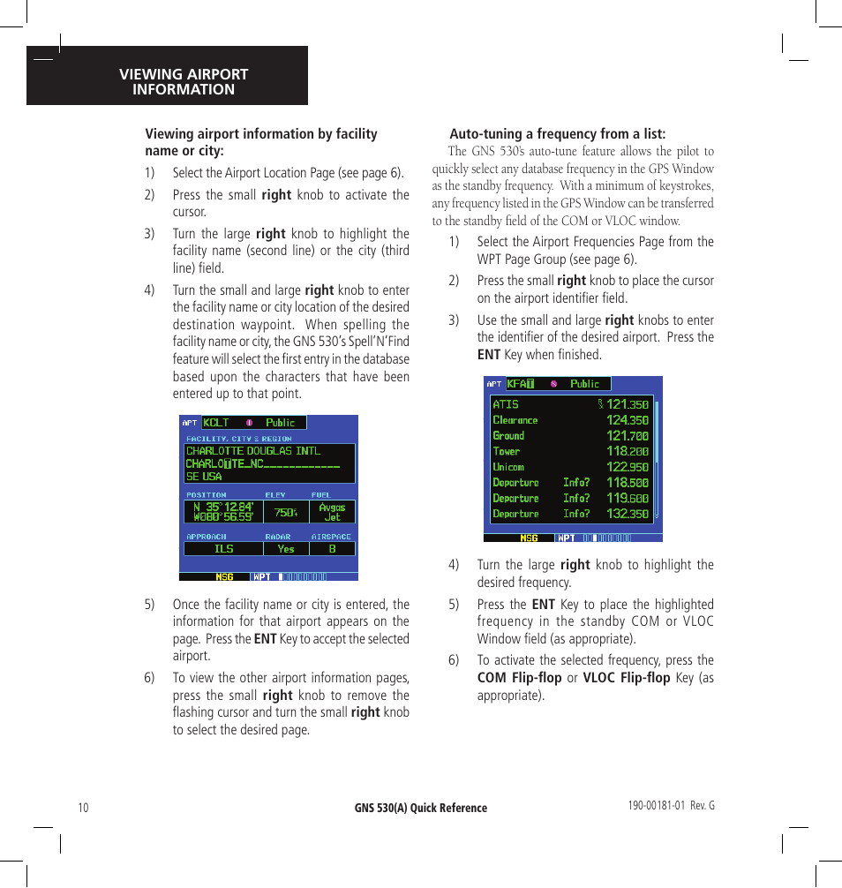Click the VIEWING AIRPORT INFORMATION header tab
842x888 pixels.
(184, 81)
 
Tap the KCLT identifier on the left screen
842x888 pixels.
(216, 423)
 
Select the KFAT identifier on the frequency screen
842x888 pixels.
(521, 384)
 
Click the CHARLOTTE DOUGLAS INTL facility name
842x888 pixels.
(253, 451)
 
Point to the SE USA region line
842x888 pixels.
(204, 477)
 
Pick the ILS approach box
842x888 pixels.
(224, 549)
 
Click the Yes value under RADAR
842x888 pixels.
(286, 549)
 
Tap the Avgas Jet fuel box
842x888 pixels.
(332, 512)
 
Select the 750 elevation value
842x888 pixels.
(285, 512)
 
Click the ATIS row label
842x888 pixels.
(506, 404)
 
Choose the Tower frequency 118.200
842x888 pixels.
(627, 451)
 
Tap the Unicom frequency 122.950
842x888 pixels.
(627, 467)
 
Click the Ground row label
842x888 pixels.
(508, 435)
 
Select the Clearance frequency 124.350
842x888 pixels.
(627, 420)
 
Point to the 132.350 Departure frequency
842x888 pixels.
(627, 514)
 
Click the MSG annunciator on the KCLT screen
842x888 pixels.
(225, 577)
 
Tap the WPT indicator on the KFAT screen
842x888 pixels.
(566, 538)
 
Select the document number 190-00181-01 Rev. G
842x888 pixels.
(670, 806)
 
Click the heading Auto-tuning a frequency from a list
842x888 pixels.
(558, 134)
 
